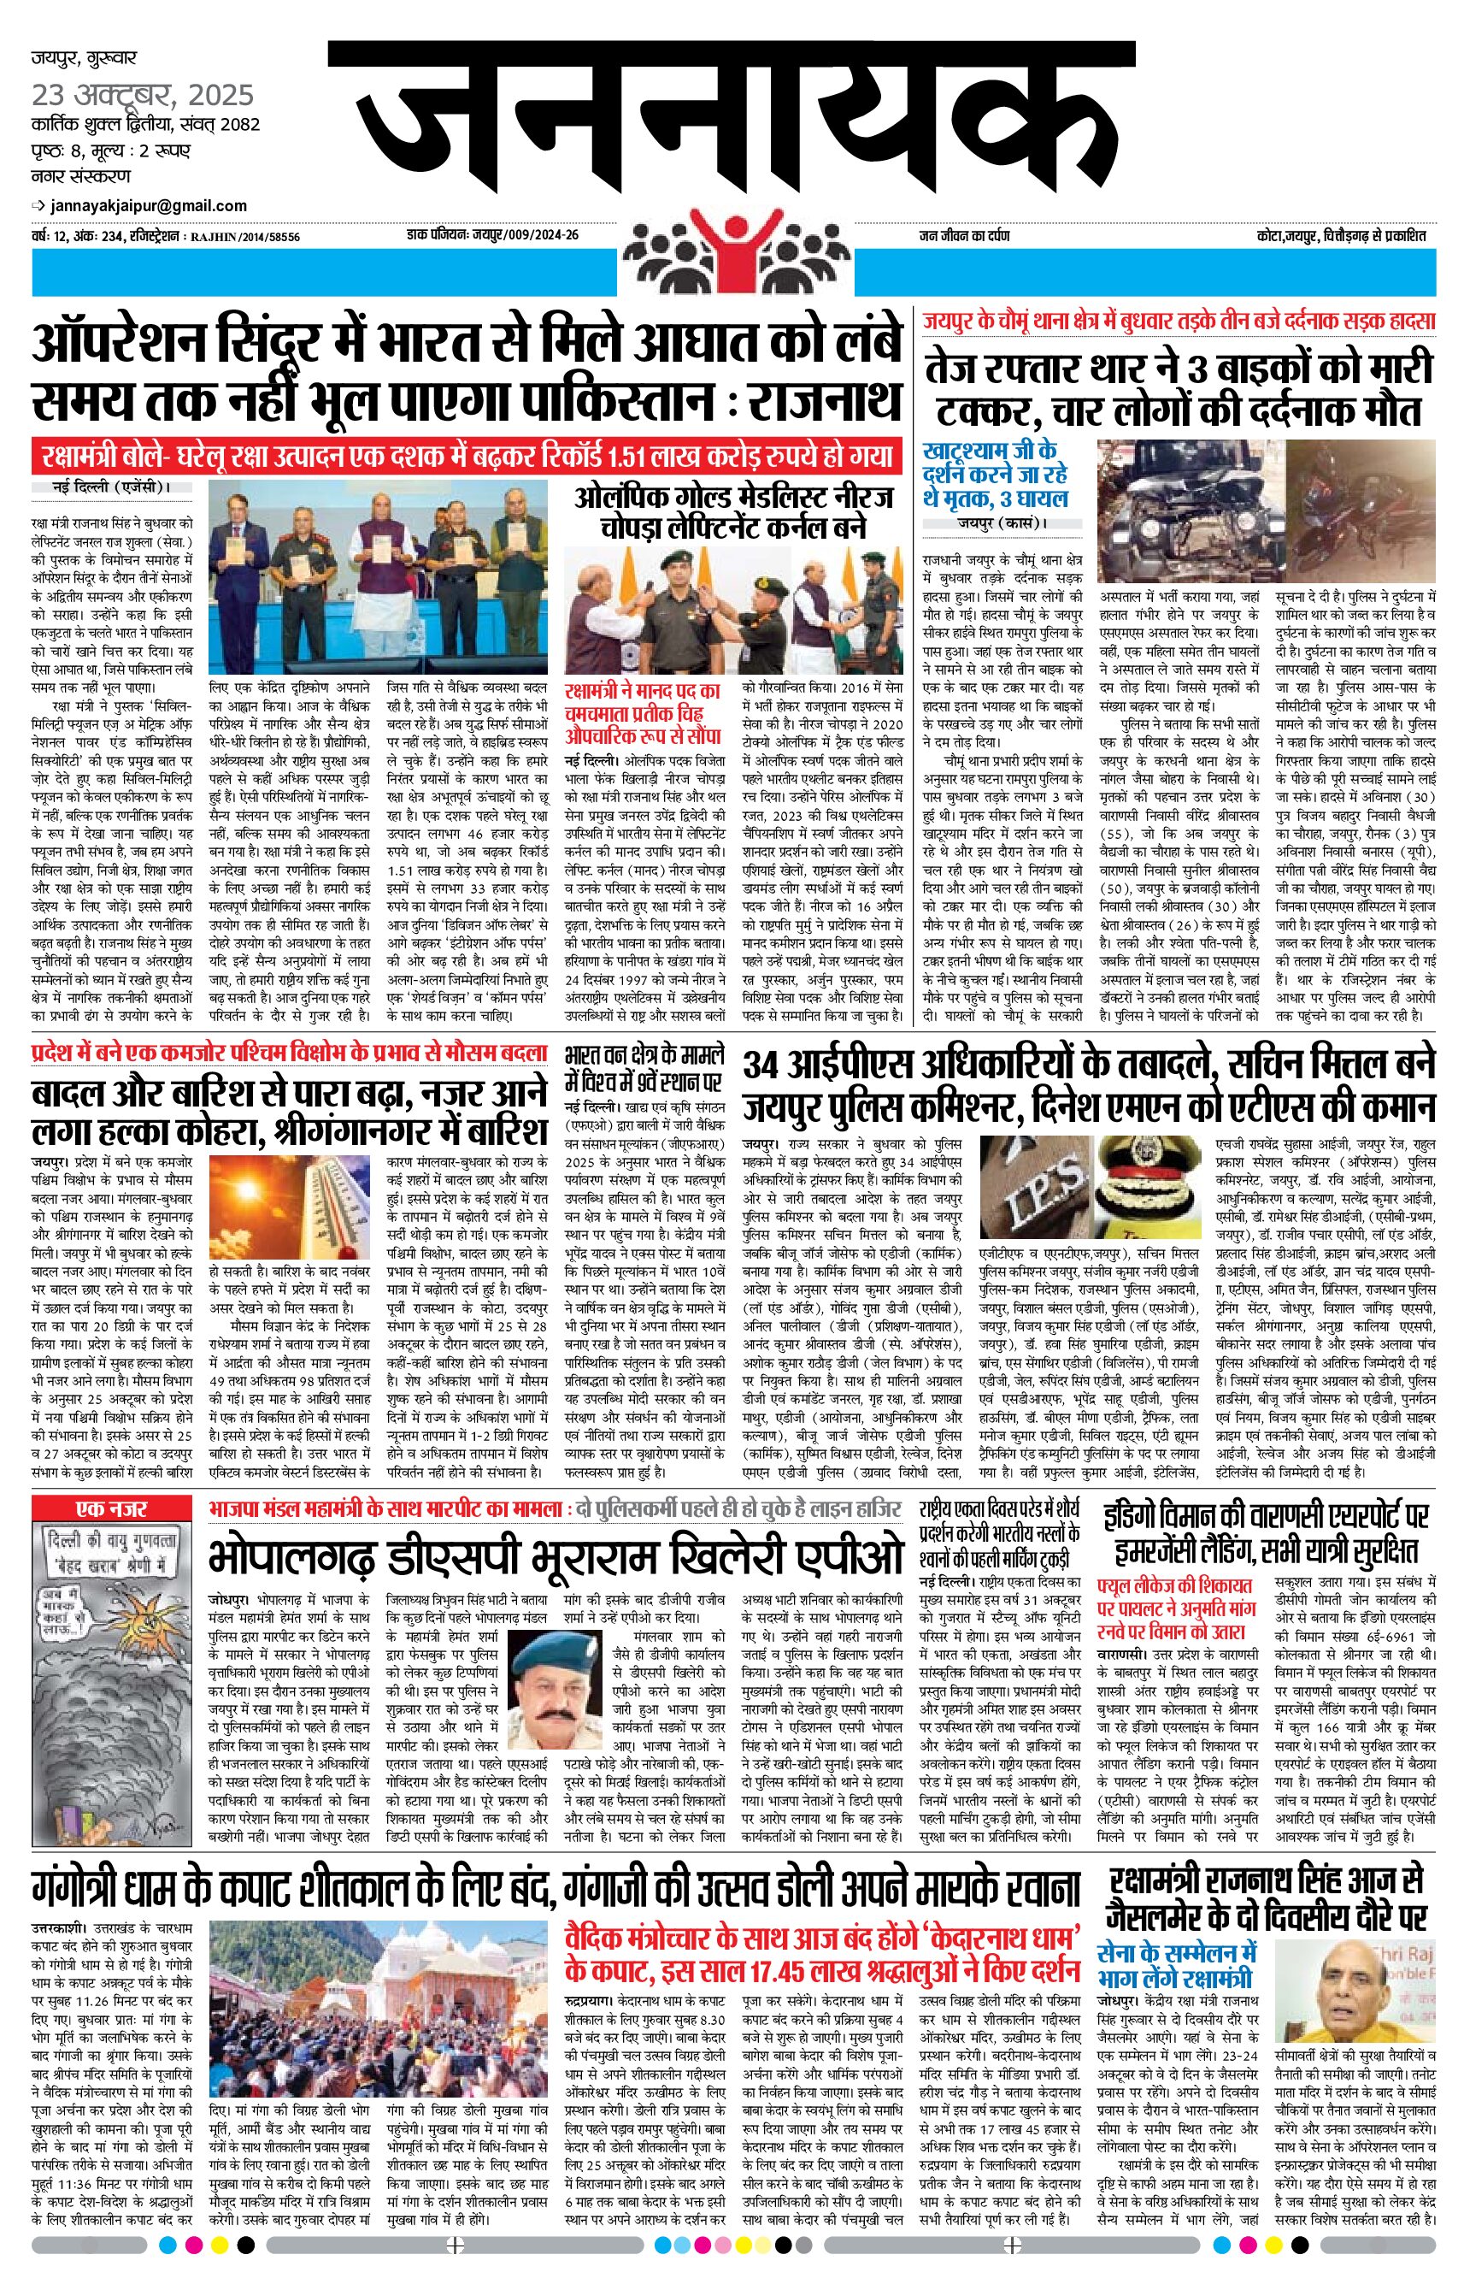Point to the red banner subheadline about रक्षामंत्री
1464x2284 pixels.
(x=466, y=455)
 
